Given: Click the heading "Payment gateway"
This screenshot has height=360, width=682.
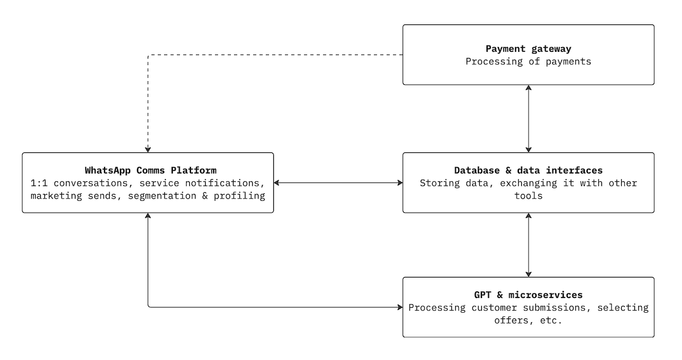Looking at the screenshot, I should [x=528, y=49].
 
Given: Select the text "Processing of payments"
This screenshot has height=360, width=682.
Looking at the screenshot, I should [x=528, y=61].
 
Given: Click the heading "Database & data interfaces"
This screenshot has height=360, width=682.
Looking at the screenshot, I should [x=528, y=170].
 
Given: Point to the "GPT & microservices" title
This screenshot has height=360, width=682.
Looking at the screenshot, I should [x=528, y=295].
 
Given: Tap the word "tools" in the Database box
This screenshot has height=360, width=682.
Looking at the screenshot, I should [x=528, y=196].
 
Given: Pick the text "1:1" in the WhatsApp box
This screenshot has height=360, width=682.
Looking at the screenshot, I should [x=38, y=183].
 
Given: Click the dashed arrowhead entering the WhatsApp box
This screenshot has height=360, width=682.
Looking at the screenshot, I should [x=148, y=149].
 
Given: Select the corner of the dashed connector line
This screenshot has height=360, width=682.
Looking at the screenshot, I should [x=148, y=55].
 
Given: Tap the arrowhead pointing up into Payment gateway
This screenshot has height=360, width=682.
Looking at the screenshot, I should [x=529, y=88].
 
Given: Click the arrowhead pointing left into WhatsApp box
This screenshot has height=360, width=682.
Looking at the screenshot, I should [x=277, y=183].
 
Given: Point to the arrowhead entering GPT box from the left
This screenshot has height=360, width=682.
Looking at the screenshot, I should [x=399, y=308].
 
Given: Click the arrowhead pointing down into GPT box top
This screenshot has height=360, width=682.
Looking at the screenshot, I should [x=529, y=274].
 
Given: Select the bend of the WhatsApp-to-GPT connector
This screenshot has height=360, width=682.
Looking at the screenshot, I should [x=148, y=307].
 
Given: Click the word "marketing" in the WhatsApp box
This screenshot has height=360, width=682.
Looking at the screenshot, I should [x=56, y=196].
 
